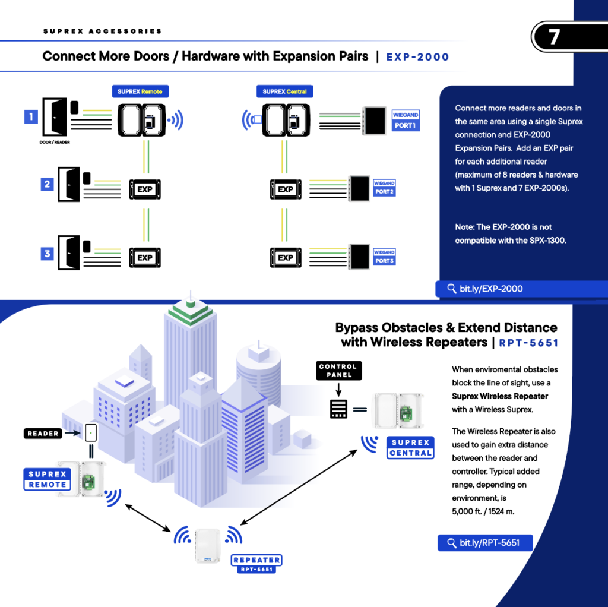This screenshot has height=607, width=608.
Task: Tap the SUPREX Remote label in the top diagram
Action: pos(140,91)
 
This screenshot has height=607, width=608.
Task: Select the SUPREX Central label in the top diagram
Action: pos(284,91)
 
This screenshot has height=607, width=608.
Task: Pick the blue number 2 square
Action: pos(47,184)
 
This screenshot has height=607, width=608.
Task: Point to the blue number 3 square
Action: pos(47,254)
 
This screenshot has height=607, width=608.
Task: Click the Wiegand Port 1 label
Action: pos(406,121)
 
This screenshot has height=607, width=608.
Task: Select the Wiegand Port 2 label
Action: pos(384,188)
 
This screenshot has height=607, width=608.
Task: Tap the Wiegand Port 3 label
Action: pos(384,257)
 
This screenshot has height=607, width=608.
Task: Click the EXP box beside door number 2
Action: pos(145,189)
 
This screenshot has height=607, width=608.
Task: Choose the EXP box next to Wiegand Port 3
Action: pos(286,258)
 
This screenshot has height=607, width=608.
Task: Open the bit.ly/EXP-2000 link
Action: pos(484,289)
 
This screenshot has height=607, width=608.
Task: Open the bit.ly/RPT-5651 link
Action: pos(484,543)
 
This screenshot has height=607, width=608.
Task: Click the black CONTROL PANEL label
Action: pos(338,371)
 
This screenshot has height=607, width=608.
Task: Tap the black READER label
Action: pos(43,434)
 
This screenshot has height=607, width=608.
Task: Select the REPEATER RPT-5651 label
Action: pos(256,564)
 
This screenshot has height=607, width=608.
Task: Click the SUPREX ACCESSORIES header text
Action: pos(102,31)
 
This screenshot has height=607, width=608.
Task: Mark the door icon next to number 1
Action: pos(55,118)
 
